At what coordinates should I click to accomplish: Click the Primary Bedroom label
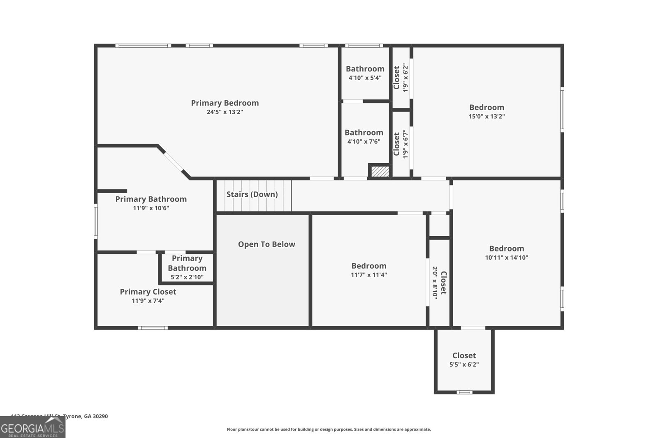[x=225, y=103]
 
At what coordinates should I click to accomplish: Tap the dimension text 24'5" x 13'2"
[x=225, y=112]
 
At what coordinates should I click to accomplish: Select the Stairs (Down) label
[x=252, y=194]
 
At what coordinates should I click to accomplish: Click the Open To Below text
[x=266, y=244]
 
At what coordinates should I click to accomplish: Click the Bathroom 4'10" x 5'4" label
[x=365, y=69]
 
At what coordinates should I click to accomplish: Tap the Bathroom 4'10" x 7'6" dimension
[x=364, y=142]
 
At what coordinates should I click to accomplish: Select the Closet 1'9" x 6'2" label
[x=396, y=78]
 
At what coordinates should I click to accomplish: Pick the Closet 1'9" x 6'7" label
[x=396, y=144]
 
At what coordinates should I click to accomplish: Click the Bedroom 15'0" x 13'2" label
[x=487, y=108]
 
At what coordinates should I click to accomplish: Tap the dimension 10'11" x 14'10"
[x=506, y=258]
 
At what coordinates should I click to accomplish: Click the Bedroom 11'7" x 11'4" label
[x=368, y=266]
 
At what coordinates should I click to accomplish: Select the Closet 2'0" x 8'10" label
[x=443, y=283]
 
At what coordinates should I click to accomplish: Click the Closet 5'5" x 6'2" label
[x=464, y=356]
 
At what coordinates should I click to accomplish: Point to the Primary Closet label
[x=148, y=292]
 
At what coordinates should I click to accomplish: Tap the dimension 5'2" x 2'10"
[x=187, y=277]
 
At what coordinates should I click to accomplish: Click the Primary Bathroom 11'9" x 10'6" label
[x=151, y=199]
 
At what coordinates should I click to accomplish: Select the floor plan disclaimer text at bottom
[x=329, y=429]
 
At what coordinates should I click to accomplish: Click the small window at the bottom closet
[x=464, y=392]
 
